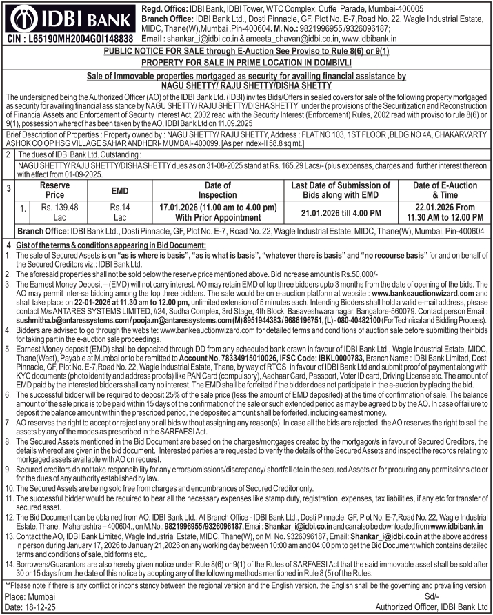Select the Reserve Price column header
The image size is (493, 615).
(x=54, y=190)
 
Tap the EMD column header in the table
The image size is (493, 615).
(x=120, y=190)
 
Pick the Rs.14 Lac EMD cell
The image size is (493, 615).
(x=120, y=211)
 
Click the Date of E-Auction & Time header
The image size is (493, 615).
(x=445, y=190)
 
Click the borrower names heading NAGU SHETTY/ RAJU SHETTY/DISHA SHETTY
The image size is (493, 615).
(x=246, y=85)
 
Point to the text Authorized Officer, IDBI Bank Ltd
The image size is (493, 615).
(x=431, y=607)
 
